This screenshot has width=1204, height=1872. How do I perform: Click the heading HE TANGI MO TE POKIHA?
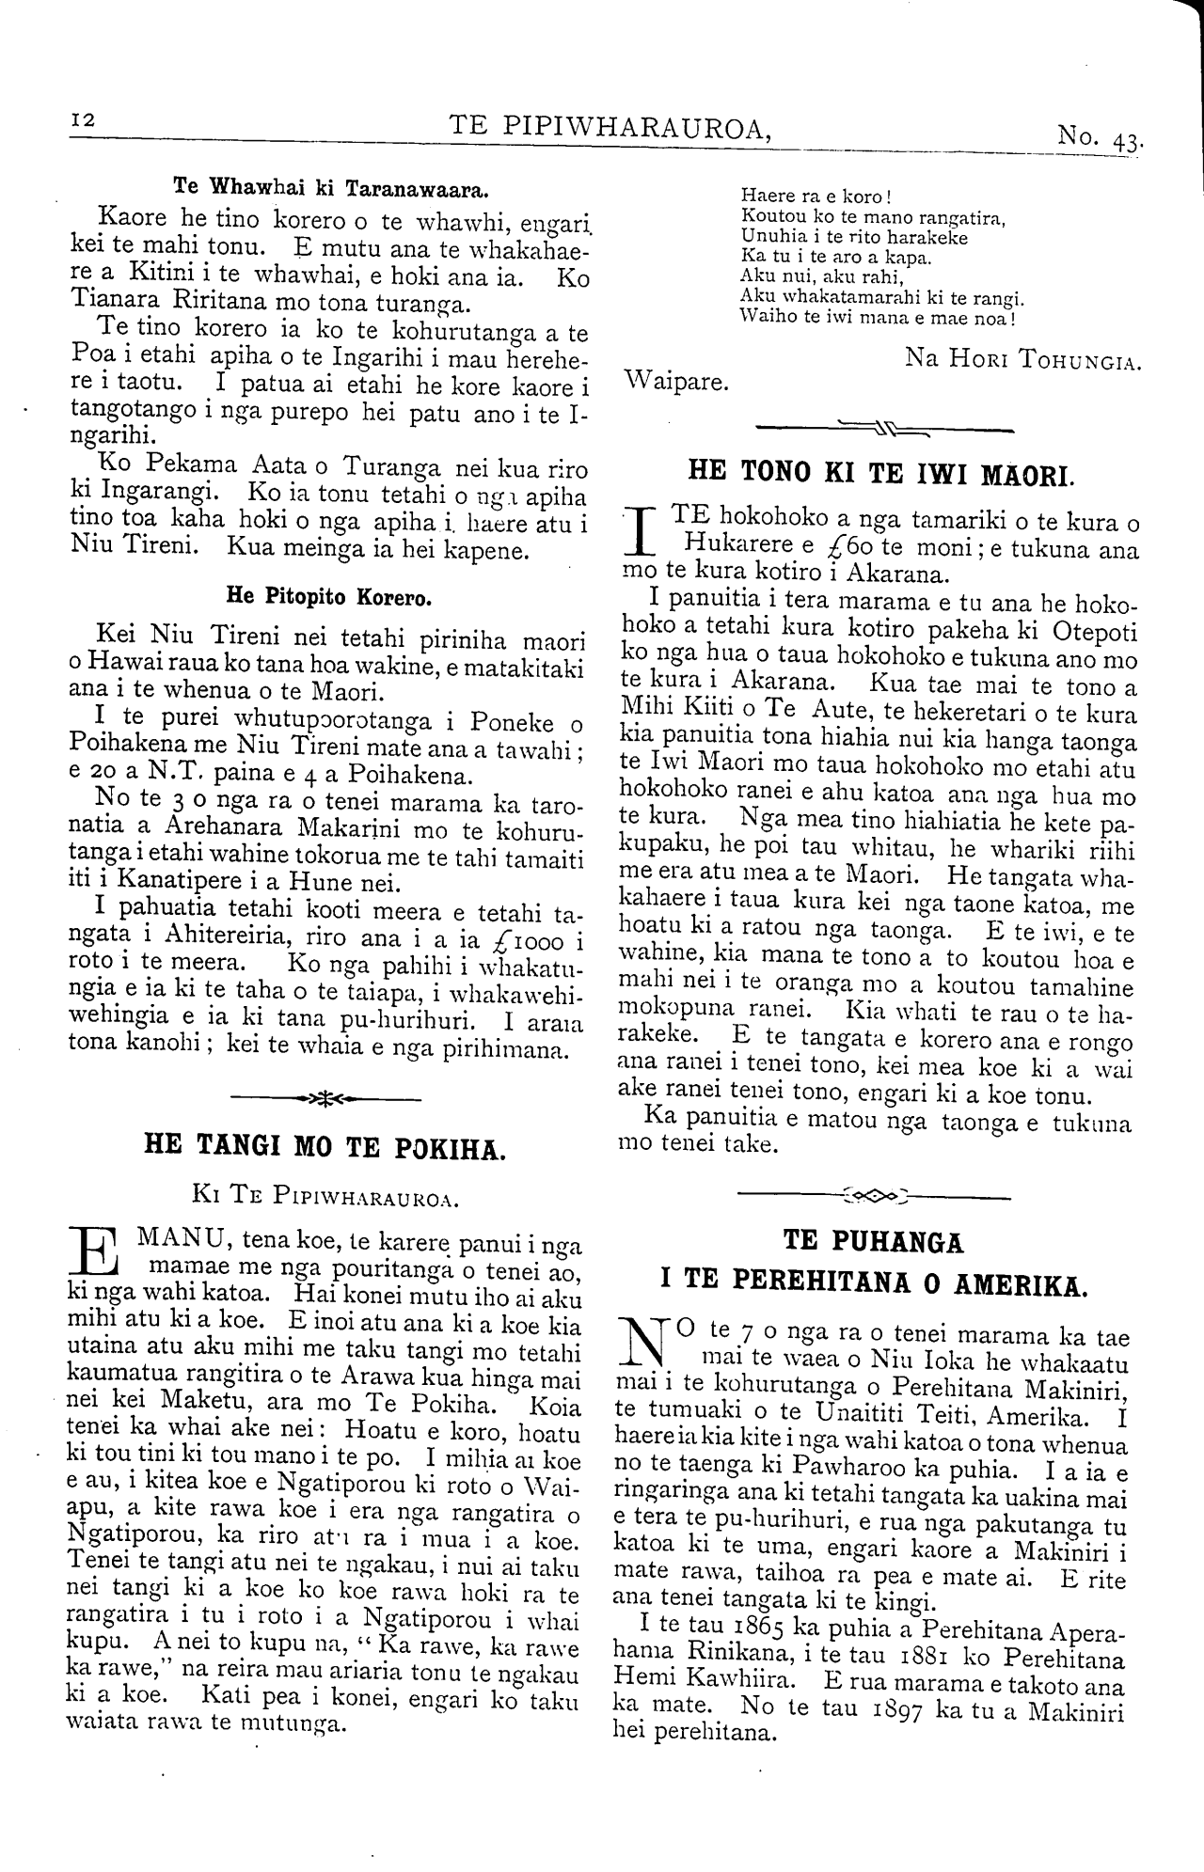[x=325, y=1147]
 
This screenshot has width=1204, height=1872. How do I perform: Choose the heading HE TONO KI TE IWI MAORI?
[x=879, y=471]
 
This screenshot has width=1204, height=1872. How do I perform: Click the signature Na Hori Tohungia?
[x=1022, y=359]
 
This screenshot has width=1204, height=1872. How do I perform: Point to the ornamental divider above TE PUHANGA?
[x=874, y=1197]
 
